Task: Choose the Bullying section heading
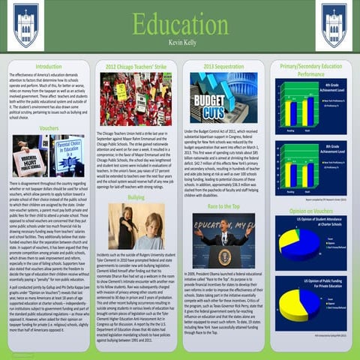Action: tap(136, 196)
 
